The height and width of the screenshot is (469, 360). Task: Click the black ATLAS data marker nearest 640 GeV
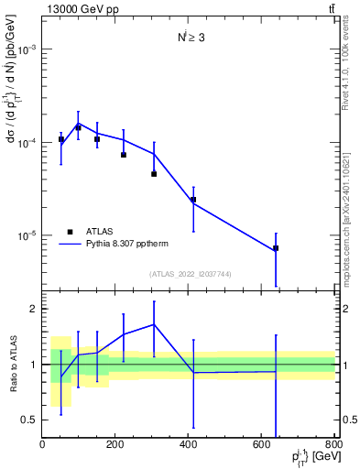(x=276, y=248)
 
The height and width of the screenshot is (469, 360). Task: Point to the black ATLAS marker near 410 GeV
(x=193, y=199)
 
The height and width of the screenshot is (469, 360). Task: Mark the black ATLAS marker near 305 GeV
(x=154, y=173)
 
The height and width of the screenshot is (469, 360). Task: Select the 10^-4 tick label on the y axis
(x=27, y=143)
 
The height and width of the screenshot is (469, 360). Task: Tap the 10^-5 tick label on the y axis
(x=27, y=235)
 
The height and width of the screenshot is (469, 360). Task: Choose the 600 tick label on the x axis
(x=261, y=445)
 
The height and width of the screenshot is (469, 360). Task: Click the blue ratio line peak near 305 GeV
(x=154, y=324)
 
